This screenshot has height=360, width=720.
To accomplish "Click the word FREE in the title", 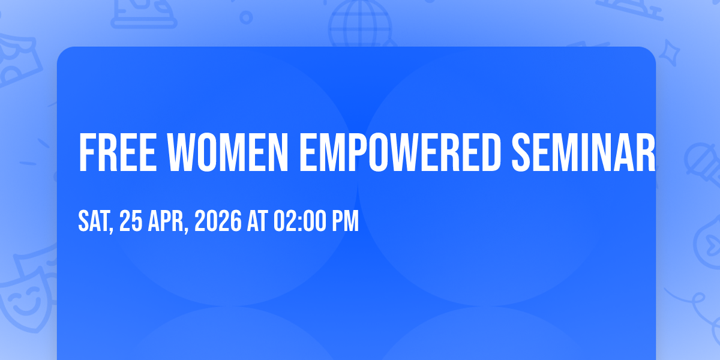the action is pos(118,152).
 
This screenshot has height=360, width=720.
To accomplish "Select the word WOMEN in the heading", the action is pos(227,152).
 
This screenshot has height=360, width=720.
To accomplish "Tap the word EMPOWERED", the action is pos(400,152).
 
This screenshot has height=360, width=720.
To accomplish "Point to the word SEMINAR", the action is pos(583,152).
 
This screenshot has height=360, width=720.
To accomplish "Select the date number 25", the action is pos(131,221).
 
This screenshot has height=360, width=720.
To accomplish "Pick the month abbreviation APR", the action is pos(168,221).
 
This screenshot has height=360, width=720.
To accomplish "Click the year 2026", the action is pos(218,221).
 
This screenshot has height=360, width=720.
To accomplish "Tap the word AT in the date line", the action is pos(257,221).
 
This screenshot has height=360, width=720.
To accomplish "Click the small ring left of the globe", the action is pos(246,17).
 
